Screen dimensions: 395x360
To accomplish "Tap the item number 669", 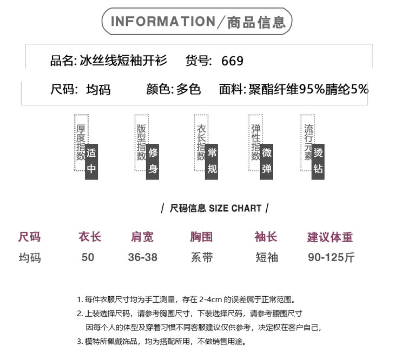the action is pyautogui.click(x=232, y=61).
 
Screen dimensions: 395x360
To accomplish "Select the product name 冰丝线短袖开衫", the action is pyautogui.click(x=123, y=61).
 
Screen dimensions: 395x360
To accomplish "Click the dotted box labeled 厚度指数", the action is pyautogui.click(x=80, y=142).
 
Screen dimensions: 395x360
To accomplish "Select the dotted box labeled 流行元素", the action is pyautogui.click(x=308, y=142).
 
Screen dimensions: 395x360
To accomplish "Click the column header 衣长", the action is pyautogui.click(x=89, y=237).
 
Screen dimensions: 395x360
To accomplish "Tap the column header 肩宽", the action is pyautogui.click(x=142, y=237).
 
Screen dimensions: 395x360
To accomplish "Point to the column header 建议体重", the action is pyautogui.click(x=330, y=237).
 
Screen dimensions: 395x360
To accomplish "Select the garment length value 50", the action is pyautogui.click(x=88, y=257).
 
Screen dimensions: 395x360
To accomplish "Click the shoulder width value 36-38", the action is pyautogui.click(x=143, y=257).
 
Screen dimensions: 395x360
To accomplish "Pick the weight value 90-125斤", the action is pyautogui.click(x=331, y=257).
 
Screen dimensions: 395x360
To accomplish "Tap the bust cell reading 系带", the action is pyautogui.click(x=202, y=257).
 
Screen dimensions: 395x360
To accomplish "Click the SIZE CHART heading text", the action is pyautogui.click(x=235, y=208).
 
